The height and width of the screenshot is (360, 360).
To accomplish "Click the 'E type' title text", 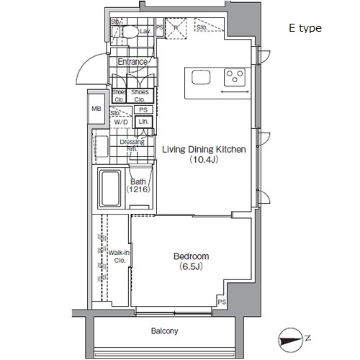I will (x=305, y=28).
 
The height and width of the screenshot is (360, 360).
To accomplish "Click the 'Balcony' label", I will (x=164, y=331).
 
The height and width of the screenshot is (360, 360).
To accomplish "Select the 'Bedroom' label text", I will (x=192, y=256).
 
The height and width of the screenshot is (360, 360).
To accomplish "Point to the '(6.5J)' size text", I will (x=192, y=268).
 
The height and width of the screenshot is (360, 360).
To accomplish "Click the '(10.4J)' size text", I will (x=204, y=161).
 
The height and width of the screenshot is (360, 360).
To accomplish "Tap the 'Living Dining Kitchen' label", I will (x=204, y=150).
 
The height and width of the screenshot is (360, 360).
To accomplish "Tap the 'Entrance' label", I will (x=132, y=62).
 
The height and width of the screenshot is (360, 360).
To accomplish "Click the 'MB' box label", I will (x=96, y=109).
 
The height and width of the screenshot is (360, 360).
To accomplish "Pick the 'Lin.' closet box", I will (x=143, y=122).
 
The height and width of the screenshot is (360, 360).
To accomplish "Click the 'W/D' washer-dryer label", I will (x=120, y=122).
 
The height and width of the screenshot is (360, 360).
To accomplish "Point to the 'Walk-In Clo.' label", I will (x=119, y=256).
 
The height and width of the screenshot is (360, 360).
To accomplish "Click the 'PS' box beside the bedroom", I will (x=222, y=302).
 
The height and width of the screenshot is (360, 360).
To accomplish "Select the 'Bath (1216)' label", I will (x=138, y=186).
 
